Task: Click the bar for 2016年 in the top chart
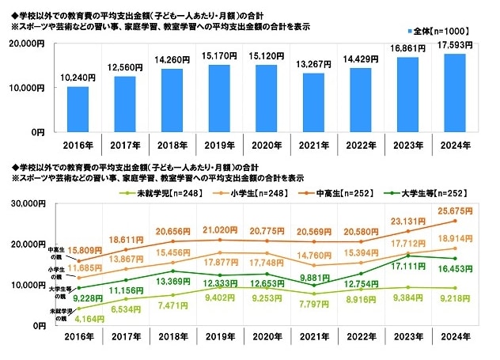click(x=78, y=108)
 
